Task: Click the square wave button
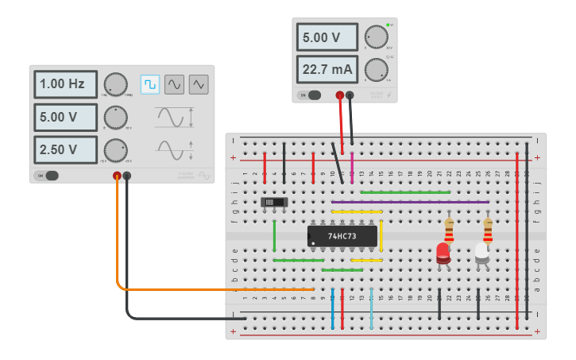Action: pyautogui.click(x=150, y=84)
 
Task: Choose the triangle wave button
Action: pyautogui.click(x=199, y=84)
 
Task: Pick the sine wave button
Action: pyautogui.click(x=174, y=84)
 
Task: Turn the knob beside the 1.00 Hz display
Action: pyautogui.click(x=115, y=84)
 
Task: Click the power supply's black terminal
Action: pyautogui.click(x=350, y=95)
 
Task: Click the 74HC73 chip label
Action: pyautogui.click(x=342, y=236)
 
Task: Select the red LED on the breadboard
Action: pyautogui.click(x=443, y=254)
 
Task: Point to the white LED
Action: pyautogui.click(x=481, y=254)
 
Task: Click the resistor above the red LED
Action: pyautogui.click(x=449, y=230)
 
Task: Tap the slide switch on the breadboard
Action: pyautogui.click(x=275, y=203)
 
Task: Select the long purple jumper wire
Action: pyautogui.click(x=410, y=202)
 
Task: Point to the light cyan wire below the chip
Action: pyautogui.click(x=371, y=308)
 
